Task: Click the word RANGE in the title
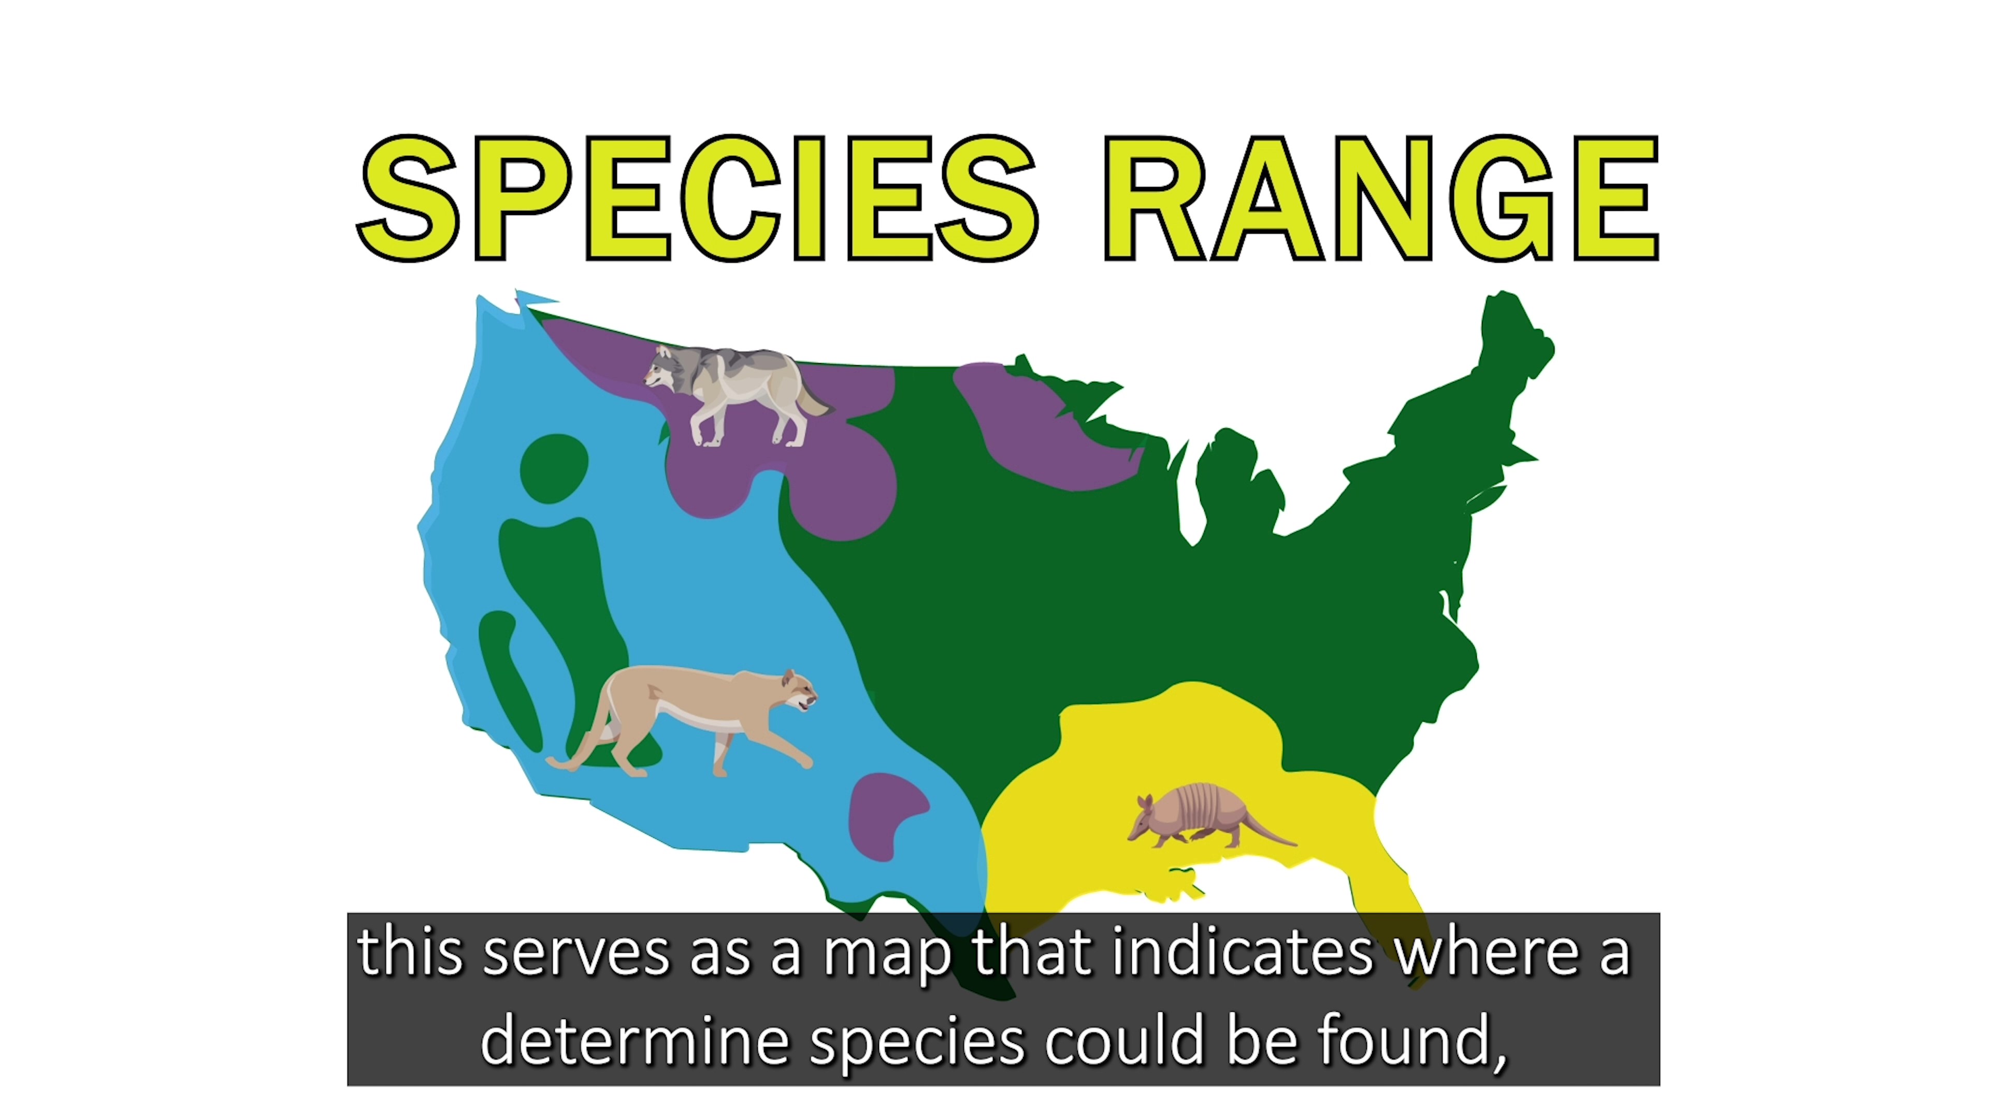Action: pos(1380,198)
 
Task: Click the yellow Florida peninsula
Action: pos(1390,888)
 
